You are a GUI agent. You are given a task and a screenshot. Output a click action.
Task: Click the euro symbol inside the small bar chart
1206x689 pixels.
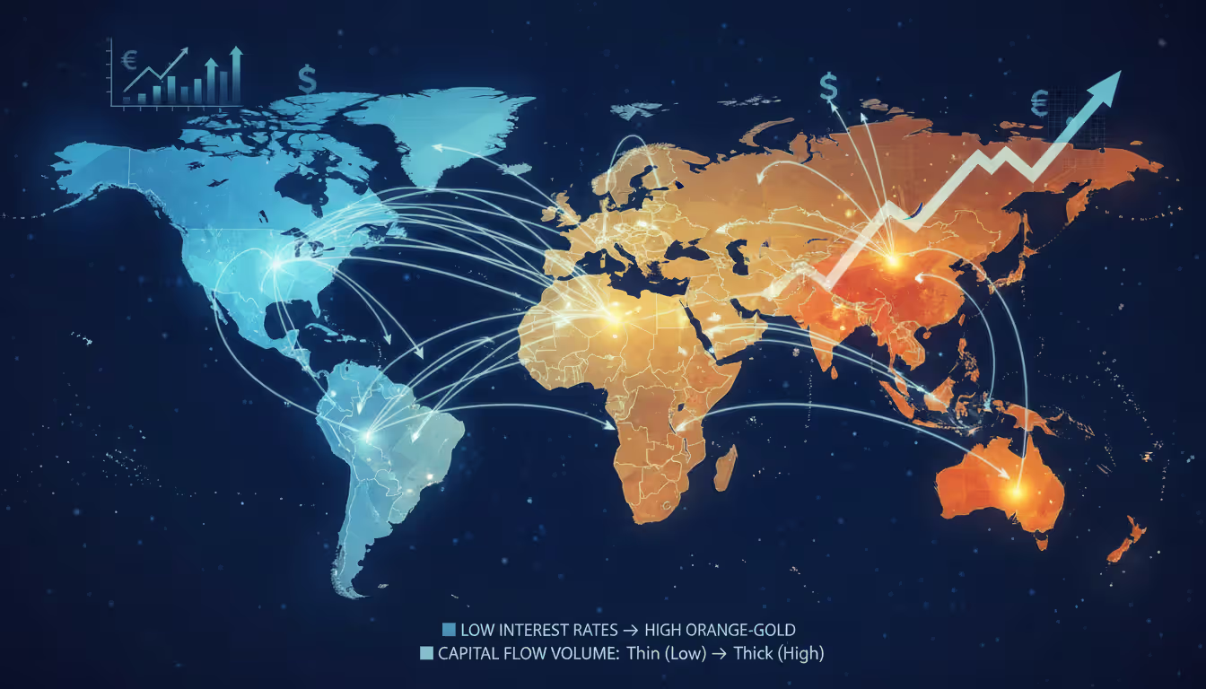point(127,60)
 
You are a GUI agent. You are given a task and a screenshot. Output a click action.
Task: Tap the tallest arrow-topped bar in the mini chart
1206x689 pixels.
point(236,75)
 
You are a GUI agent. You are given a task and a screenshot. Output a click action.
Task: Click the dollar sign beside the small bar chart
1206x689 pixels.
point(308,81)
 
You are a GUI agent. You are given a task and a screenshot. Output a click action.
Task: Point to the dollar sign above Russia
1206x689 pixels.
point(828,87)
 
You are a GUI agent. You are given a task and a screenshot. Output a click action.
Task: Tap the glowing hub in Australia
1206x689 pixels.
point(1016,490)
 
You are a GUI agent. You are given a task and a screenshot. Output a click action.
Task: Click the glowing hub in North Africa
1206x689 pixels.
point(614,315)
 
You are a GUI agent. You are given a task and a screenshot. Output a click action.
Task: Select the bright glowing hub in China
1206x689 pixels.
point(891,260)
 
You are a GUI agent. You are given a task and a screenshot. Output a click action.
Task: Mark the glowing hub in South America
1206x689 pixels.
point(366,435)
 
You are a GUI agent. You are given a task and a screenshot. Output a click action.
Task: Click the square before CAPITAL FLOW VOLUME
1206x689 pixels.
point(426,654)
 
